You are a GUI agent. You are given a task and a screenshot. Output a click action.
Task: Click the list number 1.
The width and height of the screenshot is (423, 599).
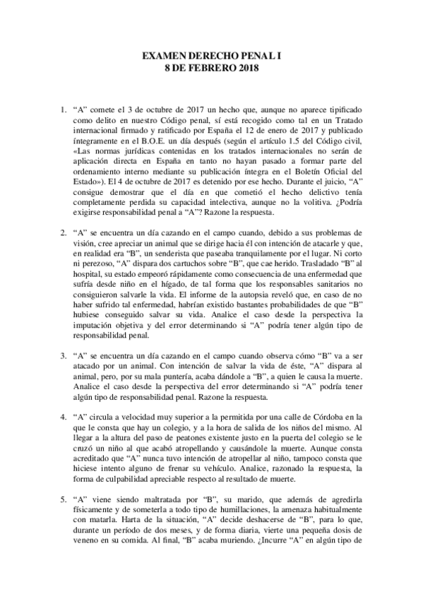coord(63,112)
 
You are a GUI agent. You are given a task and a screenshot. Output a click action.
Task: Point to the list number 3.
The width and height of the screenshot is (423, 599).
coord(63,352)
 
